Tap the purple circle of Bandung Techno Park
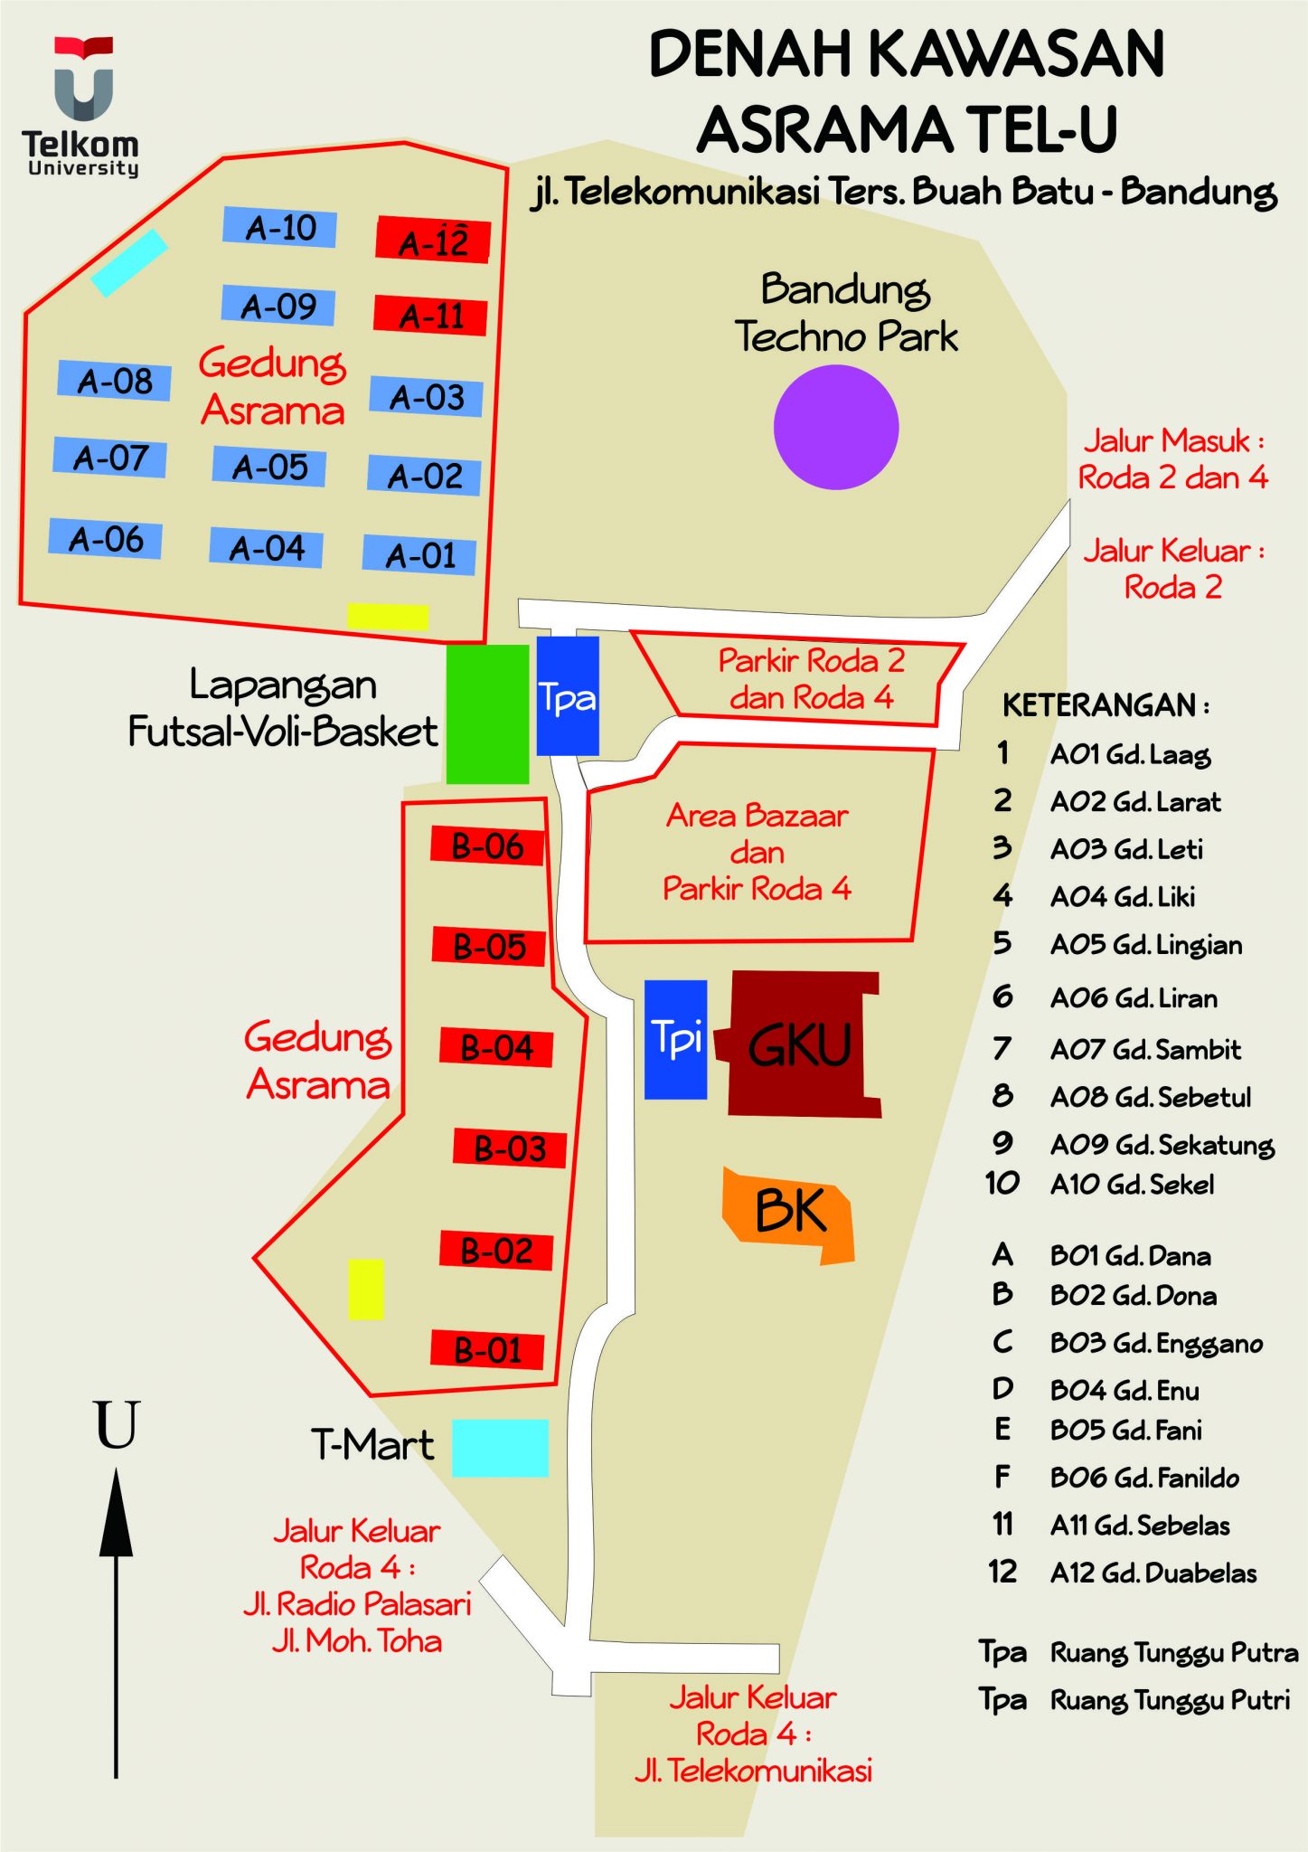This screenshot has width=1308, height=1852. point(836,427)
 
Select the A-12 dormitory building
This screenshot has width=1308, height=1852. point(433,241)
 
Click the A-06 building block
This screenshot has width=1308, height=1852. point(105,539)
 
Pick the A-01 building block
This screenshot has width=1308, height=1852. point(419,554)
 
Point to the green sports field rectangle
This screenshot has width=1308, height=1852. point(487,713)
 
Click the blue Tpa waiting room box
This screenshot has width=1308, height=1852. point(568,695)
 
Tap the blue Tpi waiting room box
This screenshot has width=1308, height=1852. point(675,1039)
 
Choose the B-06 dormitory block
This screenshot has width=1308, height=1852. point(487,846)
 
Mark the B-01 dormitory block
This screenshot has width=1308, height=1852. point(487,1350)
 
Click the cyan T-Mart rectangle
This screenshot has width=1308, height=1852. point(500,1448)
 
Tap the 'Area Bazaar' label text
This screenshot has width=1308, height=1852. point(758,816)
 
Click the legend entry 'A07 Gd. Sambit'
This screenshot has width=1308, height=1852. point(1145,1049)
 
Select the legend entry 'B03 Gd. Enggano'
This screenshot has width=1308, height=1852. point(1156,1343)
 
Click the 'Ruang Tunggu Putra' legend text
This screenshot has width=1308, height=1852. point(1173,1653)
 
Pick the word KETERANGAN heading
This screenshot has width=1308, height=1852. point(1105,705)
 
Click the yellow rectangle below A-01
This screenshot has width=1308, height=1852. point(388,617)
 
